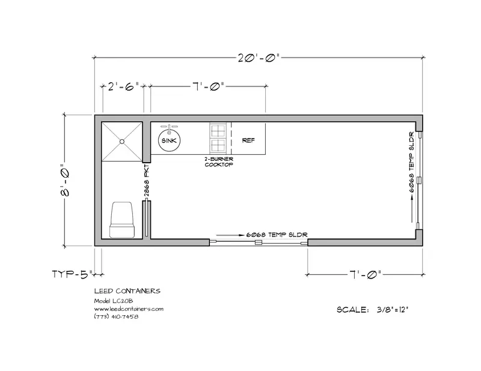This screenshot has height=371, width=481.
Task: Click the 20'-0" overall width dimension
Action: click(x=259, y=58)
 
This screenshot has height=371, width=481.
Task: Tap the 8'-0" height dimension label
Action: click(x=65, y=181)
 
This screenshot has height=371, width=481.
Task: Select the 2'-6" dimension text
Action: click(x=124, y=86)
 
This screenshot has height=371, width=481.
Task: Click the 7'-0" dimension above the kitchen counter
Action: click(x=209, y=86)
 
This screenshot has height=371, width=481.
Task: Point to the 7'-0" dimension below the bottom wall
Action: click(x=365, y=274)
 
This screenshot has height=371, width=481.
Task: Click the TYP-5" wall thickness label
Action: click(x=72, y=274)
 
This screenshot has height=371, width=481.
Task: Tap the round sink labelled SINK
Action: click(x=169, y=140)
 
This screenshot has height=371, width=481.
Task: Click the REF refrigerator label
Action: click(x=248, y=140)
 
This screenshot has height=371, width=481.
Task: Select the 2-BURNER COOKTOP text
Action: click(x=219, y=161)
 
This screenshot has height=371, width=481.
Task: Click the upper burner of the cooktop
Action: click(x=218, y=131)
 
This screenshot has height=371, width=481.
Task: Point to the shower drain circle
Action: click(x=122, y=142)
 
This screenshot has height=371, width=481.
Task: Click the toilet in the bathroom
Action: click(x=122, y=219)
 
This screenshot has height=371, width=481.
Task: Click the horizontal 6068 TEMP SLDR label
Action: click(x=277, y=235)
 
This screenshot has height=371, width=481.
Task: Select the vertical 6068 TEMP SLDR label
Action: click(x=412, y=162)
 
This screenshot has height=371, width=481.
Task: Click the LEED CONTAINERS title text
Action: click(x=127, y=291)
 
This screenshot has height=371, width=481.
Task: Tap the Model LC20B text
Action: click(x=114, y=301)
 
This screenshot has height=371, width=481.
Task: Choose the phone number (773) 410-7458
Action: click(x=116, y=316)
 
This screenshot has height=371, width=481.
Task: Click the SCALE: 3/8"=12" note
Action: click(x=373, y=310)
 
